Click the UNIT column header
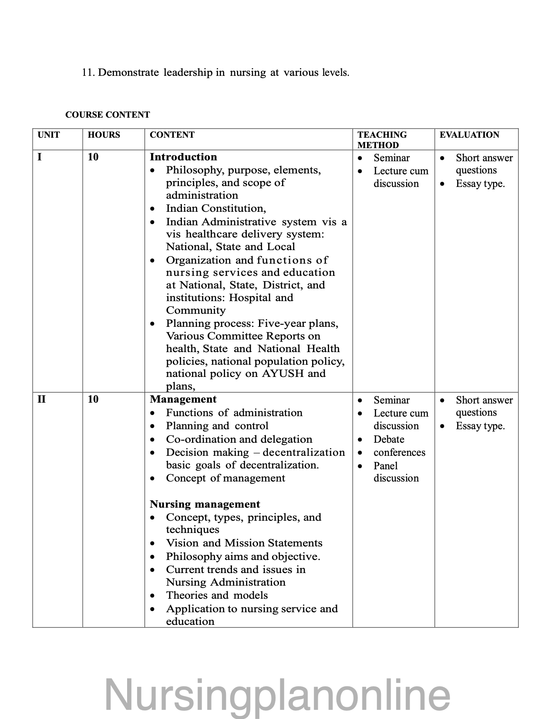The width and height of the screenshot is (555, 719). [49, 135]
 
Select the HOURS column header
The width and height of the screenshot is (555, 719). [104, 135]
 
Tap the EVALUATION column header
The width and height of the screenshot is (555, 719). [469, 135]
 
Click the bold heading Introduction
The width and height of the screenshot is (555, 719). [183, 157]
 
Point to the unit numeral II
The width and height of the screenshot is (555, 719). [42, 399]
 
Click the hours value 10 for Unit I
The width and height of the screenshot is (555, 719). [93, 157]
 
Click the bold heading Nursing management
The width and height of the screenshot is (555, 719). [205, 504]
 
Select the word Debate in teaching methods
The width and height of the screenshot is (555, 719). [389, 439]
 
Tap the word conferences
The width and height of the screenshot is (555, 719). [399, 452]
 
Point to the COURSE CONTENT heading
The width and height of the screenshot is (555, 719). [108, 115]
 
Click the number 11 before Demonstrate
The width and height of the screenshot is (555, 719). [87, 72]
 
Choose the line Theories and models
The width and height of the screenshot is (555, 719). [217, 595]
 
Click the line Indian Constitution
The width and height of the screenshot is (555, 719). [216, 208]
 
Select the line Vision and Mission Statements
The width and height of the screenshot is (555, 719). [244, 543]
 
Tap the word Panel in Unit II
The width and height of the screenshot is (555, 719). [386, 466]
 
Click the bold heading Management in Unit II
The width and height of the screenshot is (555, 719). [183, 399]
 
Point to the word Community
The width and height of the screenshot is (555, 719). [196, 310]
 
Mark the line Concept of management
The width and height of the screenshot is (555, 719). [225, 478]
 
